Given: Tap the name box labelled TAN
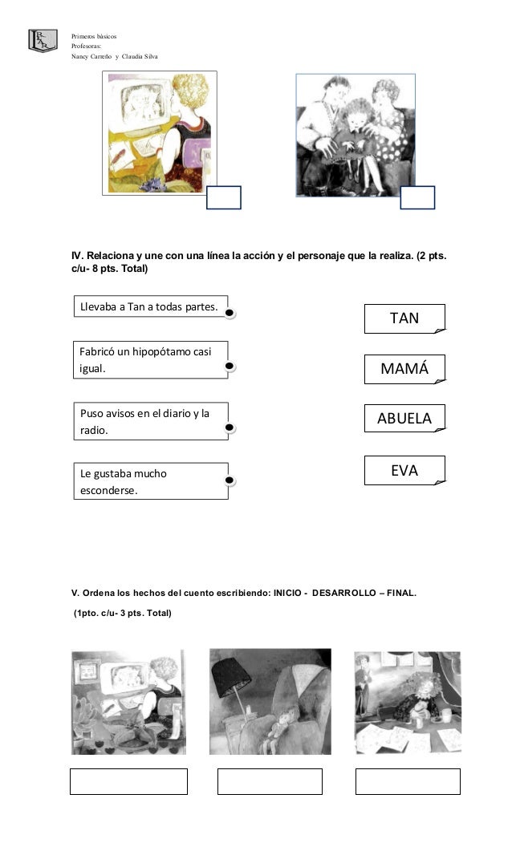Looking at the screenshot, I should point(404,318).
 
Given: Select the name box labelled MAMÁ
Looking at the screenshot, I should point(404,369).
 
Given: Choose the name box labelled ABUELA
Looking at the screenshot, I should point(404,419).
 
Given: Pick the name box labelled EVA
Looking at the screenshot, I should point(404,471).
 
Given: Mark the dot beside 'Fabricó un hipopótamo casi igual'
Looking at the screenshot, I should point(230,366).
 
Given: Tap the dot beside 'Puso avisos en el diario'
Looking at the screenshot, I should point(230,428).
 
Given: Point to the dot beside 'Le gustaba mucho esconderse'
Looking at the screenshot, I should point(230,481).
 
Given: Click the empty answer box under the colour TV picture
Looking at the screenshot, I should point(223,197).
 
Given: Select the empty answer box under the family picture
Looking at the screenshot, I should point(417,197).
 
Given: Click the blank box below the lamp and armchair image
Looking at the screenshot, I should point(270,781).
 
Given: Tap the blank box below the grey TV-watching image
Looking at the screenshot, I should point(128,781).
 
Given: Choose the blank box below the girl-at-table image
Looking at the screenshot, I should point(408,781).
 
